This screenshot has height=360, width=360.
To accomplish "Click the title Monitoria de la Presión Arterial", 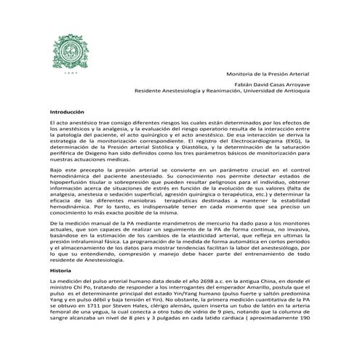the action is coord(268,73).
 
